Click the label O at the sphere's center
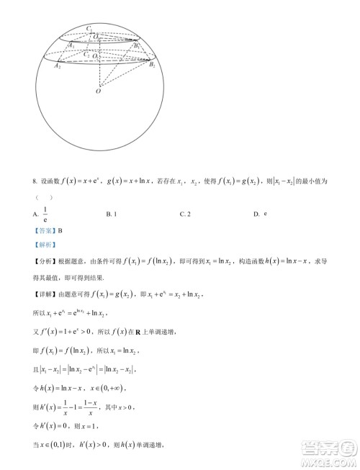(99, 91)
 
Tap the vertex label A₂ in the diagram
(58, 65)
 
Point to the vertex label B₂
(152, 65)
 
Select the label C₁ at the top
(89, 28)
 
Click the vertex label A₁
(71, 45)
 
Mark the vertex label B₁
(137, 45)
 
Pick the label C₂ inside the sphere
(86, 54)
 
